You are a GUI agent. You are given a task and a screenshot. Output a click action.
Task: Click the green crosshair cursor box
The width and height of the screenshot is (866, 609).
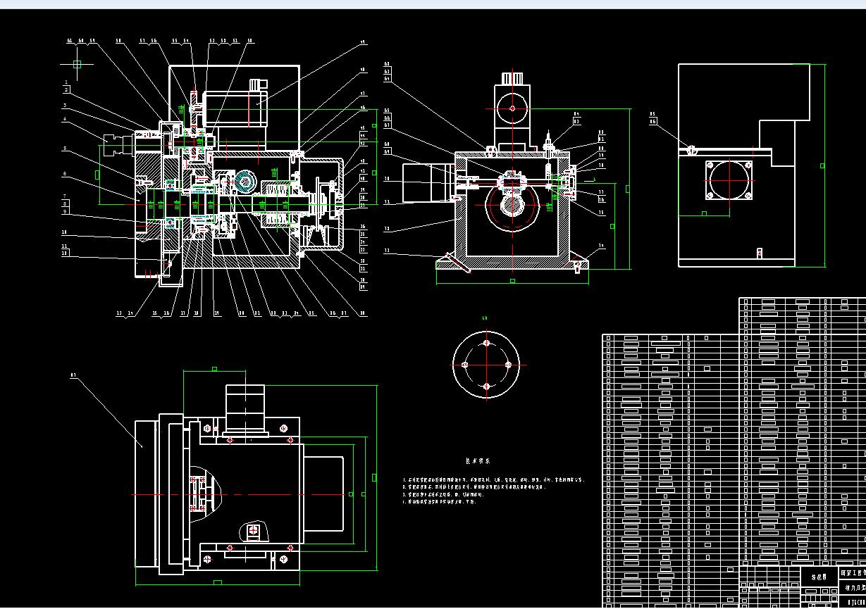(77, 64)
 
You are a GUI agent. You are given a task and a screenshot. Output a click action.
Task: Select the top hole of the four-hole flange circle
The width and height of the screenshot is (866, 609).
(486, 343)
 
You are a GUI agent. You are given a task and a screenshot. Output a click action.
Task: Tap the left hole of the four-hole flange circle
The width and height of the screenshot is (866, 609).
(464, 365)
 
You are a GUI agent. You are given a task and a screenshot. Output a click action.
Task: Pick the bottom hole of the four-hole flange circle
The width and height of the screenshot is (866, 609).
(486, 387)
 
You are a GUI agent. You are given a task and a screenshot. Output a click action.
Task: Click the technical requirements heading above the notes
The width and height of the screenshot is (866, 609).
(478, 461)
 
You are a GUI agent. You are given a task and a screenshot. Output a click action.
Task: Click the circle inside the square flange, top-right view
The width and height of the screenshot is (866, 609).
(729, 180)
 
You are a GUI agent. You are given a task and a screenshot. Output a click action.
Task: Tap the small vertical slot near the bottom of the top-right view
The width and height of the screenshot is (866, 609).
(759, 253)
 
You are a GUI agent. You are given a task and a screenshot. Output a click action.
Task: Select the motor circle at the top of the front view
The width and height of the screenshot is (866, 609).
(512, 108)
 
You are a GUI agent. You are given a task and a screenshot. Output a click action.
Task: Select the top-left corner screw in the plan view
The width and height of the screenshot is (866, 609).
(207, 428)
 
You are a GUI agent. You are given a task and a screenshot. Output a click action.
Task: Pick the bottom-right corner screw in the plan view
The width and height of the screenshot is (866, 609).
(284, 559)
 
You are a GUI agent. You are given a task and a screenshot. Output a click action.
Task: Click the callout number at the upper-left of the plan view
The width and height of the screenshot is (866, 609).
(73, 375)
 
